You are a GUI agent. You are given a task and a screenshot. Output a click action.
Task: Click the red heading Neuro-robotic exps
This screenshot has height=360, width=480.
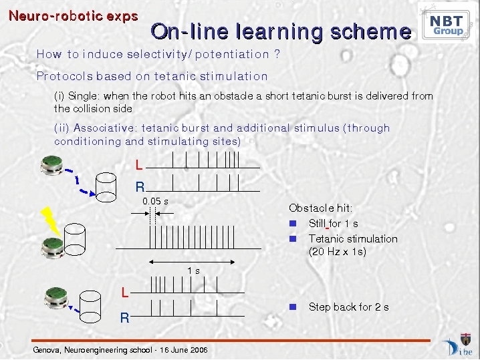[74, 16]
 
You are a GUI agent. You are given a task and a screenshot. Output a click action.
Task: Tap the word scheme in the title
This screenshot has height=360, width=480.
[371, 31]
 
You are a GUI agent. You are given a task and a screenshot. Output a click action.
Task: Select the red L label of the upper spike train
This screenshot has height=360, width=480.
[139, 166]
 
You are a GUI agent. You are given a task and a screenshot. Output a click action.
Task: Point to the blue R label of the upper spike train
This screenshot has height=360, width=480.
[140, 186]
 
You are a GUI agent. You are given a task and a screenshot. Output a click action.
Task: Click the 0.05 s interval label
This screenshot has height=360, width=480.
[155, 201]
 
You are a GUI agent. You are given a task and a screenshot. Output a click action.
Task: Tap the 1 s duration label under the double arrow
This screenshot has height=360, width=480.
[193, 271]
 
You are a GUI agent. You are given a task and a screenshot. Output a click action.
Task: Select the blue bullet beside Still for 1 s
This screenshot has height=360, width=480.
[293, 224]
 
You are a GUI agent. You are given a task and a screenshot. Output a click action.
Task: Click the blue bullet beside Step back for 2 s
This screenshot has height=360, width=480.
[293, 307]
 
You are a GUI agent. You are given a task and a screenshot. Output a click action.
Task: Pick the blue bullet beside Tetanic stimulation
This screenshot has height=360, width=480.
[293, 238]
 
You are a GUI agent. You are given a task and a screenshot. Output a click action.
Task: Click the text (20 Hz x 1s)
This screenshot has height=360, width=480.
[338, 252]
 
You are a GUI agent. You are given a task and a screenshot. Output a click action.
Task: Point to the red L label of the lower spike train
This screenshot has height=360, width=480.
[124, 293]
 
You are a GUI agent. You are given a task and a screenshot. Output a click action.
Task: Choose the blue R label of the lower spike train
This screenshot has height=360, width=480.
[124, 318]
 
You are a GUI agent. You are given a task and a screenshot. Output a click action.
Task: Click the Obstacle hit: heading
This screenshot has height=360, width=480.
[320, 208]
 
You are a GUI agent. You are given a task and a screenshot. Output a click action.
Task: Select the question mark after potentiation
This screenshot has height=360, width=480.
[277, 54]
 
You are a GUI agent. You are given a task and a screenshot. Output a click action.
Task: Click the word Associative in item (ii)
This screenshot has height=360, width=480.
[104, 128]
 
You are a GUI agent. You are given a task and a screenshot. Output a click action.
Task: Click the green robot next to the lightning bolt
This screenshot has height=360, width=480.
[53, 247]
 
